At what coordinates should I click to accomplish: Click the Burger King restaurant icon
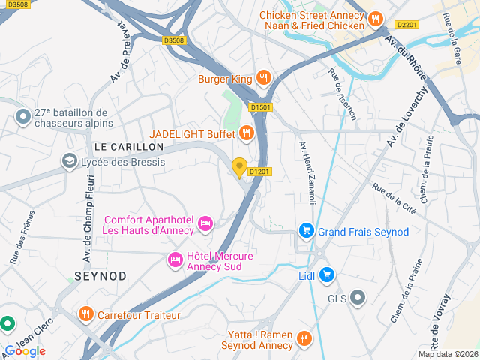tap(263, 76)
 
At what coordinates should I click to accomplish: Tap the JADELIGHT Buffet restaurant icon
tap(246, 133)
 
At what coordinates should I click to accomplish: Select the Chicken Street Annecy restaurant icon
tap(376, 19)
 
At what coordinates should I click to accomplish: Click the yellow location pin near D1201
tap(240, 168)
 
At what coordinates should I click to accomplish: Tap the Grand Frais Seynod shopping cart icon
tap(306, 231)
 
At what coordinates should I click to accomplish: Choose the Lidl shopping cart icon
tap(327, 275)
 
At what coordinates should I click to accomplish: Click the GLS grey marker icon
tap(358, 298)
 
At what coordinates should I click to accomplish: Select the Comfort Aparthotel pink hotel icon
tap(205, 223)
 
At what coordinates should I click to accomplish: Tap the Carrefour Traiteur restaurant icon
tap(86, 314)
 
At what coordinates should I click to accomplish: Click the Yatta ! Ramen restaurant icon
tap(304, 338)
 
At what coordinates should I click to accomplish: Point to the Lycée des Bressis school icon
tap(70, 161)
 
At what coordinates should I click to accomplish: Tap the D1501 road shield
tap(260, 107)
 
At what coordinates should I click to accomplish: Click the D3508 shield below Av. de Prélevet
tap(172, 40)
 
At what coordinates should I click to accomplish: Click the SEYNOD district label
tap(100, 276)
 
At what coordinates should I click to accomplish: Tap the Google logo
tap(25, 350)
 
